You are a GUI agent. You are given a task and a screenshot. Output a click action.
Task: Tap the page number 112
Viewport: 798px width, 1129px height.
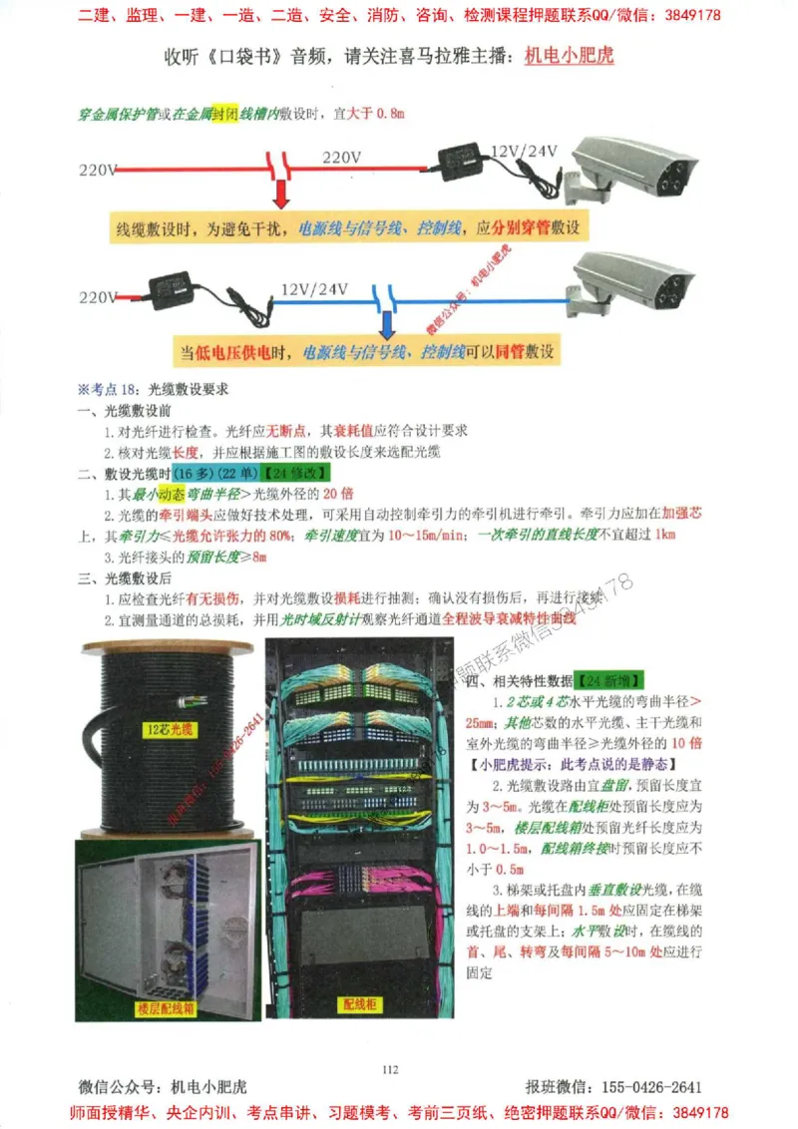(390, 1070)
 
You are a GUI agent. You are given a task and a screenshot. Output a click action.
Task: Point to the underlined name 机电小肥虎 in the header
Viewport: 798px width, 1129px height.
(569, 54)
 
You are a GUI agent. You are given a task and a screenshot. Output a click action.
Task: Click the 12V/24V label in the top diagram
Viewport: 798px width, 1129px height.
(524, 152)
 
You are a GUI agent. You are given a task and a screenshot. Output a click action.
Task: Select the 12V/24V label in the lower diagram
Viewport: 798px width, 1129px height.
(314, 289)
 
